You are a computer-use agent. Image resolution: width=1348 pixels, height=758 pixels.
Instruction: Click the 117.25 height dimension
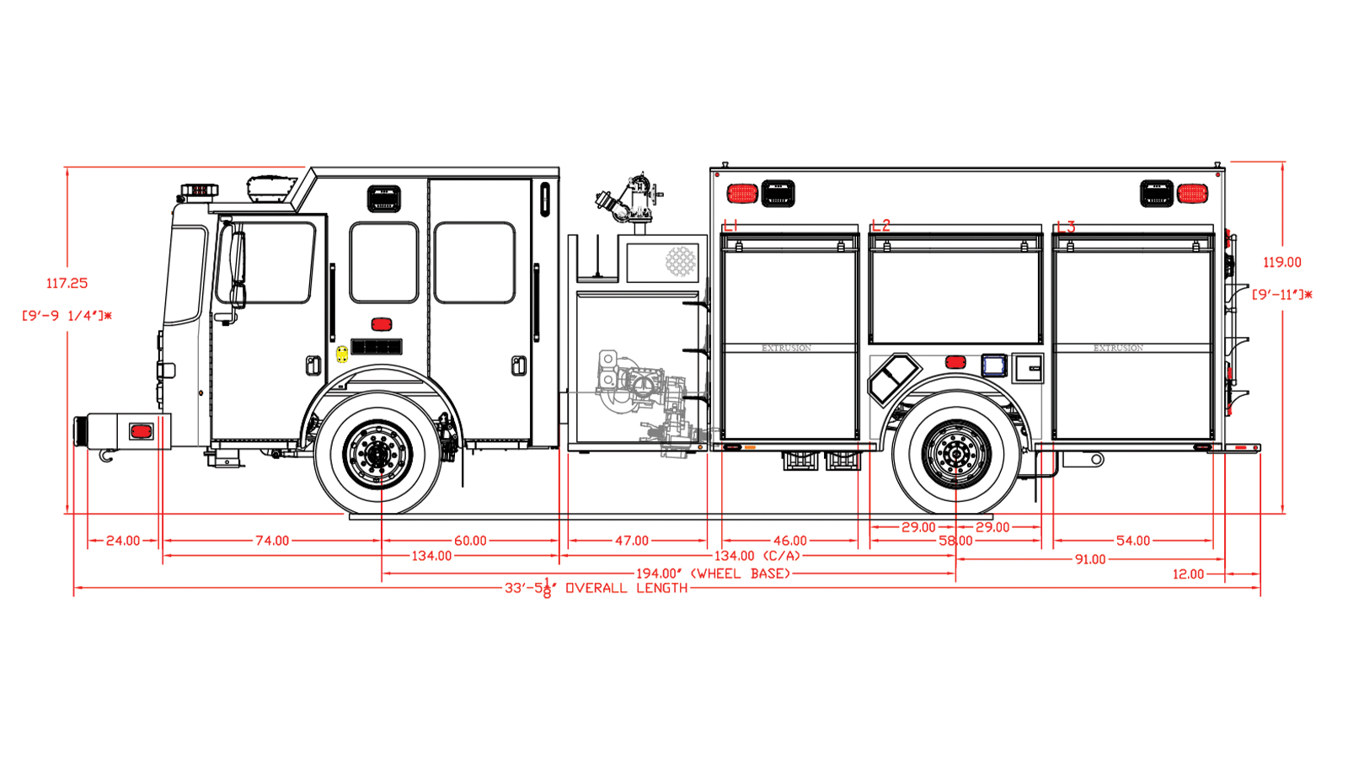(67, 284)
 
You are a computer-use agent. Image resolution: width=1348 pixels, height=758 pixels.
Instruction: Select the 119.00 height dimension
(1281, 263)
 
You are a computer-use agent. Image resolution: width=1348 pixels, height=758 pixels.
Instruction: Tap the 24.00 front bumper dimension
(123, 541)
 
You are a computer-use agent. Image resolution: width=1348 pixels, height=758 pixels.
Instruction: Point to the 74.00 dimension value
(272, 541)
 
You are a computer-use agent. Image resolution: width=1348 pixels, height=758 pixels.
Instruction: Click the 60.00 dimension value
(470, 541)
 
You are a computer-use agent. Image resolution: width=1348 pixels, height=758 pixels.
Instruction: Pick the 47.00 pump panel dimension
(632, 541)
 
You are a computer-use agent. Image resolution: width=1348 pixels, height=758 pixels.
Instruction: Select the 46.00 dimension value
(789, 541)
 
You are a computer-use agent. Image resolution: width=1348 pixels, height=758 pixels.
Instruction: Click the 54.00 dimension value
(1132, 541)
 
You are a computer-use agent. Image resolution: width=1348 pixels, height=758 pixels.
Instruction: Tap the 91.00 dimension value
(1089, 559)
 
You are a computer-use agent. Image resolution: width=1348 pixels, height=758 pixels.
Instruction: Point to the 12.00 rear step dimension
(1188, 574)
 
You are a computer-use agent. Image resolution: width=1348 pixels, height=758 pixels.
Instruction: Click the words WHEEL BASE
(741, 574)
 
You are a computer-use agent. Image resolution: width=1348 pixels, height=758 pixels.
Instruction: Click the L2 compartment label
(880, 226)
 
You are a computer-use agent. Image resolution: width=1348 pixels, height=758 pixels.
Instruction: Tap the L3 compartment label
(1066, 227)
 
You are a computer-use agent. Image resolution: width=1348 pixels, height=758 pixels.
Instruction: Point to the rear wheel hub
(955, 454)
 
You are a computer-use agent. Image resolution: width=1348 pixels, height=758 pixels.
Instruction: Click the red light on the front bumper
(141, 432)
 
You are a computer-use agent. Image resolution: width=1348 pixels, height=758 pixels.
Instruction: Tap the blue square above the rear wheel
(994, 365)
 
